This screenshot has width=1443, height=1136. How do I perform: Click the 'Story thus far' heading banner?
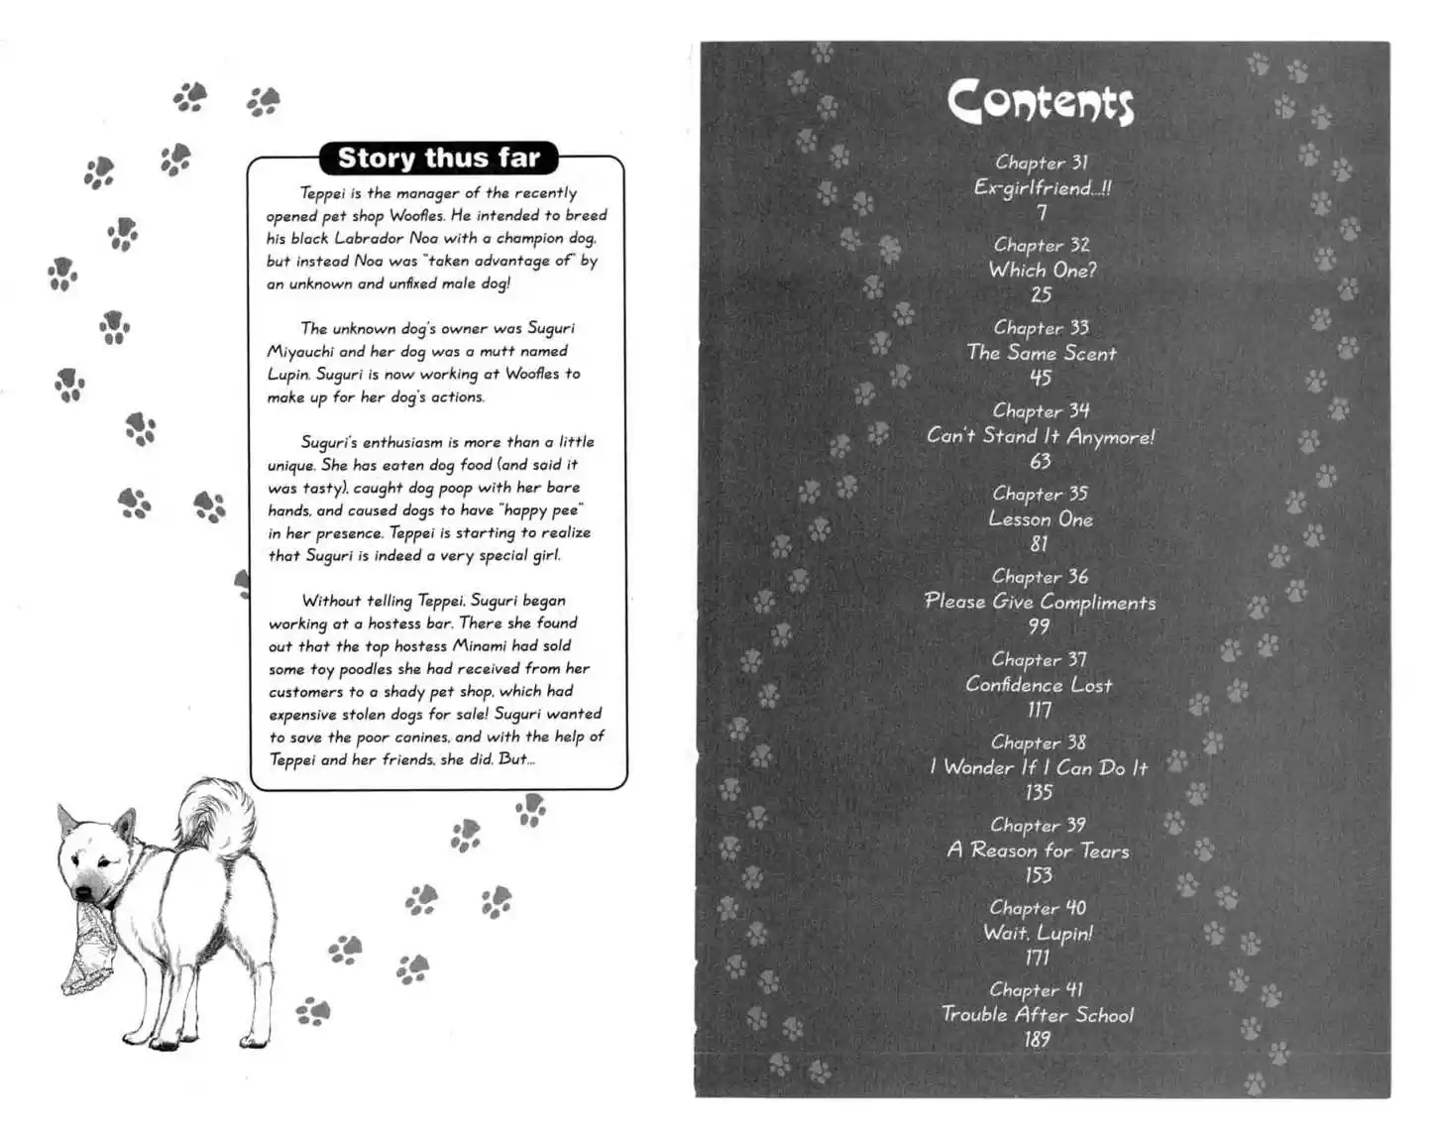pos(438,158)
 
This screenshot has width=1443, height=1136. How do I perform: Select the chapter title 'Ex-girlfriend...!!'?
pos(1042,187)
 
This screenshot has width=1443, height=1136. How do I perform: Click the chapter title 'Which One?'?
pos(1042,270)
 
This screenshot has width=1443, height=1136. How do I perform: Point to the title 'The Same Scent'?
pos(1041,353)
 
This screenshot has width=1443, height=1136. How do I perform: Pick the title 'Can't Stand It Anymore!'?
pos(1041,436)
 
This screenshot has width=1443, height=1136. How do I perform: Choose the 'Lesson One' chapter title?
pos(1041,518)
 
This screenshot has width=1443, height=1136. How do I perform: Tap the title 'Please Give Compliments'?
pos(1040,602)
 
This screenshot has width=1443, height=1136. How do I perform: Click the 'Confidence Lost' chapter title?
pos(1039,685)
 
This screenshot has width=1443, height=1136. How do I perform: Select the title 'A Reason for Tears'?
pos(1038,851)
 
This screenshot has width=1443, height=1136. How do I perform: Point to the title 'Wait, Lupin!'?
pos(1038,933)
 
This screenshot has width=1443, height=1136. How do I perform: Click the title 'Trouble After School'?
pos(1037,1015)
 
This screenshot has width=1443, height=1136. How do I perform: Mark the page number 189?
pos(1037,1040)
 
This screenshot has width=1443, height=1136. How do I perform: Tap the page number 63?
pos(1041,461)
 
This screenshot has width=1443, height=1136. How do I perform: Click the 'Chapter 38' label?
pos(1039,742)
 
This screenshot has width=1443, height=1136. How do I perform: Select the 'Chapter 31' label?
pos(1042,163)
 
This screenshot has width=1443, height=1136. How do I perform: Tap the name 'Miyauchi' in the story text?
pos(300,351)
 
